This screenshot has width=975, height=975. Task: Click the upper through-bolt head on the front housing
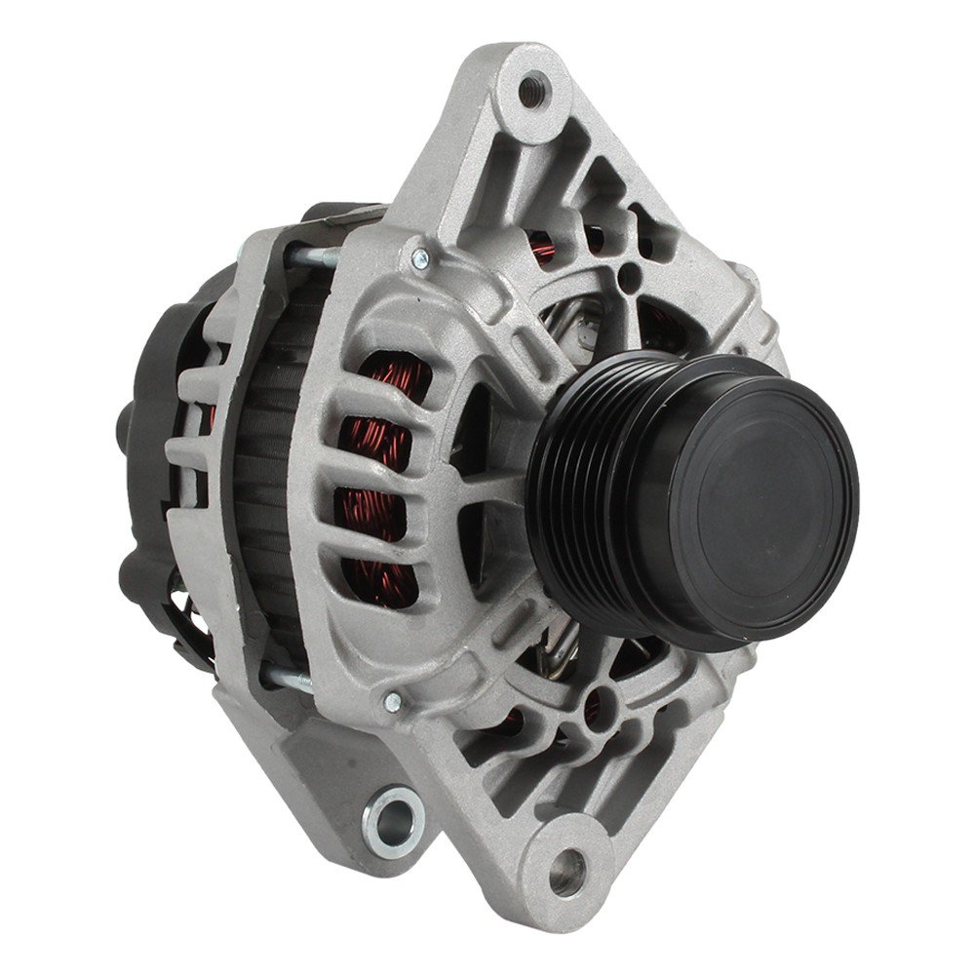pos(419,257)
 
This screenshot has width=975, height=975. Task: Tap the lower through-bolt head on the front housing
pos(393,698)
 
